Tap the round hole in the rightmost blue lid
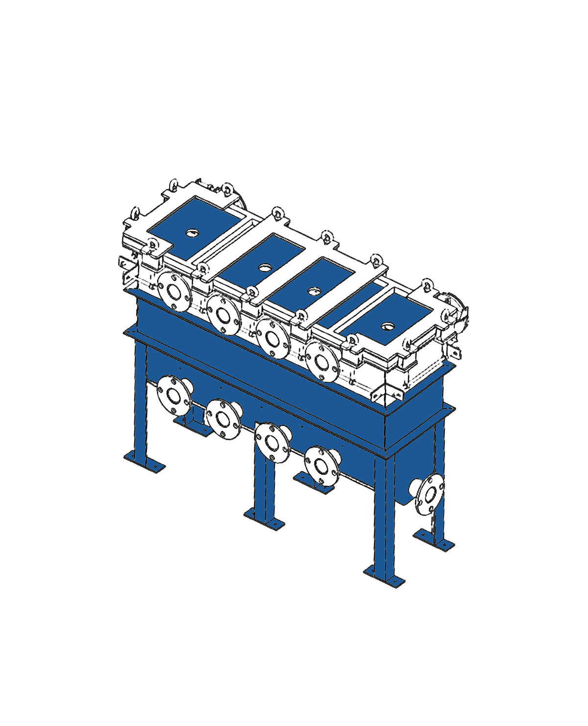tap(389, 325)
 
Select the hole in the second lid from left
tap(265, 268)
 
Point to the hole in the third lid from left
tap(312, 291)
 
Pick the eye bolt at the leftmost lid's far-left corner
tap(136, 214)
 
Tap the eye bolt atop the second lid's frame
tap(278, 212)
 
